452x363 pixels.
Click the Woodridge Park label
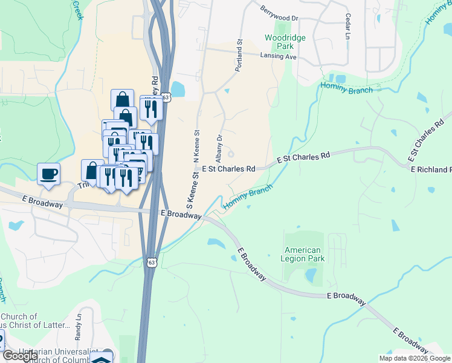pyautogui.click(x=285, y=42)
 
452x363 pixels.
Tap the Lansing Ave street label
pyautogui.click(x=278, y=56)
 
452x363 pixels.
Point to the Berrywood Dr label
pyautogui.click(x=280, y=14)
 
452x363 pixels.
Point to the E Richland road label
pyautogui.click(x=431, y=169)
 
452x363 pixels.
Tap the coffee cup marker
pyautogui.click(x=49, y=174)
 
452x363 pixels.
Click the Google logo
pyautogui.click(x=20, y=356)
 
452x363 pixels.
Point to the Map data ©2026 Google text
pyautogui.click(x=414, y=358)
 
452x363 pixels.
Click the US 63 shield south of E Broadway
pyautogui.click(x=152, y=262)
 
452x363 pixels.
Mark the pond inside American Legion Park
pyautogui.click(x=311, y=276)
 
